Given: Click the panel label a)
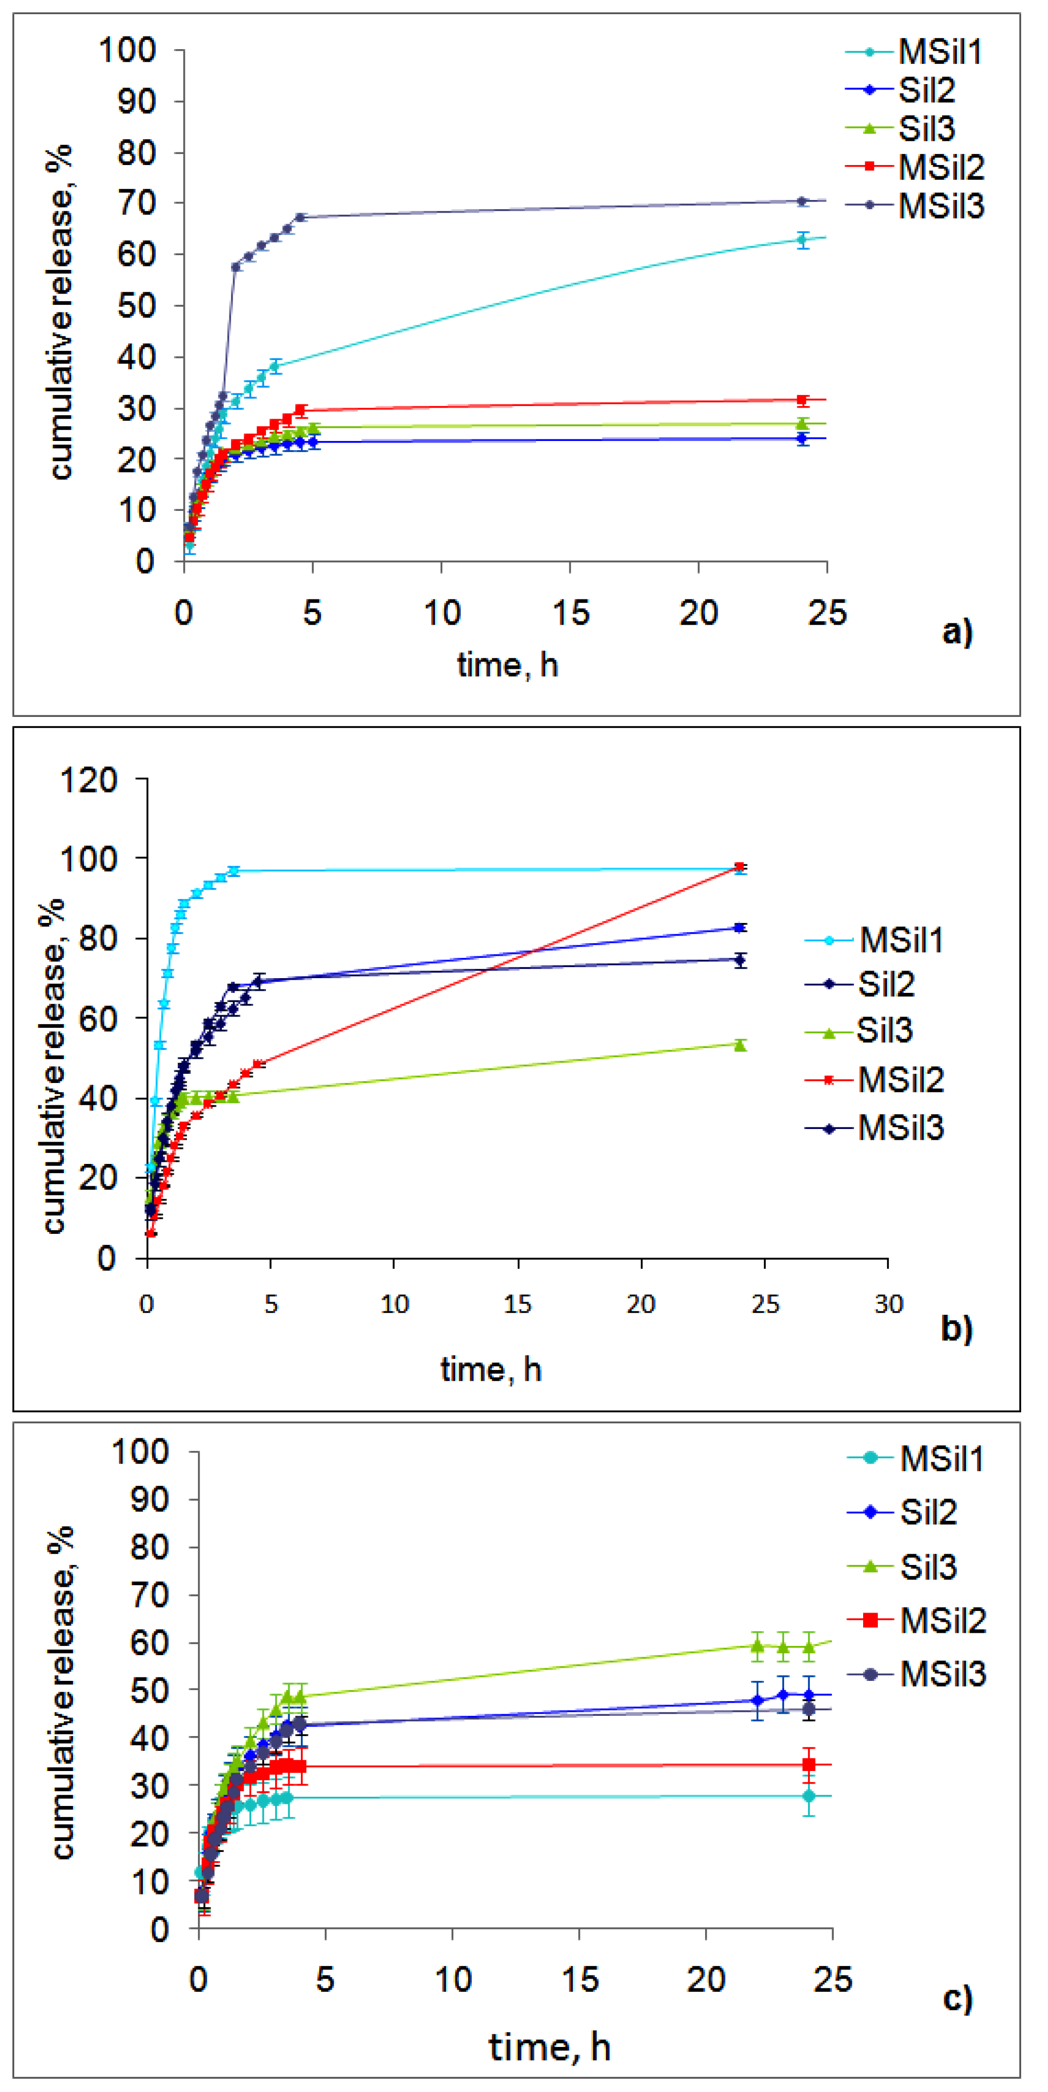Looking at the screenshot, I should coord(957,631).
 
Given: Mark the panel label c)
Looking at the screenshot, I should coord(957,1997).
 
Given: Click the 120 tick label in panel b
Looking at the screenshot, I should coord(89,780).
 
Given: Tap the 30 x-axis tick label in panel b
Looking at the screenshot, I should coord(888,1304).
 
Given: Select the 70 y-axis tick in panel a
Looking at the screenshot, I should coord(136,203).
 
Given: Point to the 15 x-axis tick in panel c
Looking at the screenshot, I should coord(579,1979).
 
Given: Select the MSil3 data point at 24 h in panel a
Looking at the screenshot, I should coord(802,202).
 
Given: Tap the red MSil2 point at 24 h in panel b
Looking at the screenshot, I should coord(740,867).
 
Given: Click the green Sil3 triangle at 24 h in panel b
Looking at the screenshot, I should coord(740,1044).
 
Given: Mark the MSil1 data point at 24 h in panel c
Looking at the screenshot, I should coord(808,1796).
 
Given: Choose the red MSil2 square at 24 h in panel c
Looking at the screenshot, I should coord(808,1764).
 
